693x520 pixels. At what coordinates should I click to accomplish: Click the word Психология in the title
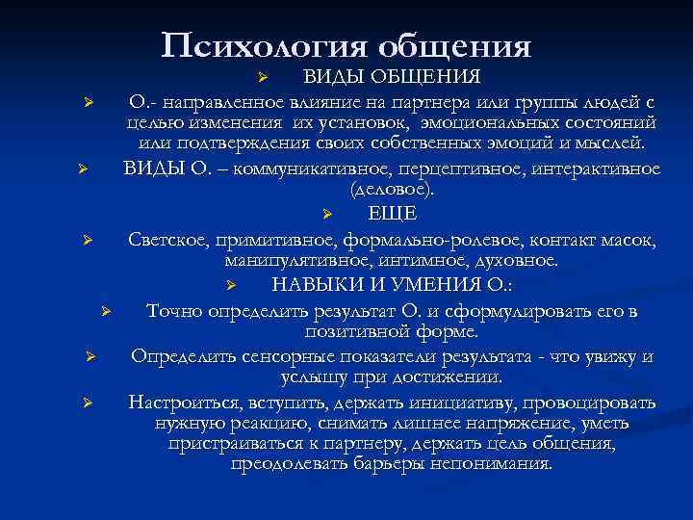pos(266,46)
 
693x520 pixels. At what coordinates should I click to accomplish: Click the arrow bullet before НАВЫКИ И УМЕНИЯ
pos(231,286)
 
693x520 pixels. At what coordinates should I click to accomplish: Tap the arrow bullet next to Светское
pos(87,239)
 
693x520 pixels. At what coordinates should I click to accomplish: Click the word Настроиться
pos(181,402)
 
